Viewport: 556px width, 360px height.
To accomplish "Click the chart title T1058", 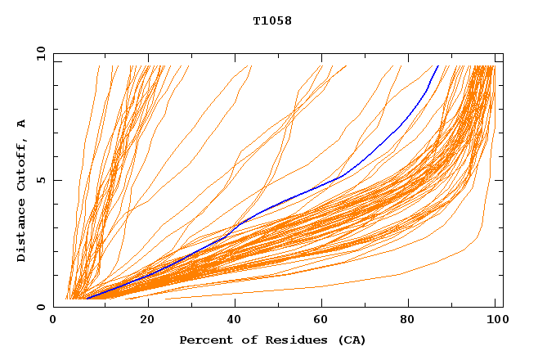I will (x=272, y=21).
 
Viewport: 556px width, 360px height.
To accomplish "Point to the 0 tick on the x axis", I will (x=53, y=320).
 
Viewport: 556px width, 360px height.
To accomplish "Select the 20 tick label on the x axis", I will (x=148, y=320).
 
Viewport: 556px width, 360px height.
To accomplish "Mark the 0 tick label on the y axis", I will (x=41, y=307).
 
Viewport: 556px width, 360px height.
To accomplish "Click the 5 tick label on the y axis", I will (x=41, y=180).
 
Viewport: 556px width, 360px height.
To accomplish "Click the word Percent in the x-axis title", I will (x=202, y=340).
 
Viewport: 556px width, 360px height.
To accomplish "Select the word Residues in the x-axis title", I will (x=287, y=340).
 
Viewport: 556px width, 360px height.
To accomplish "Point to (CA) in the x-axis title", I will (x=352, y=340).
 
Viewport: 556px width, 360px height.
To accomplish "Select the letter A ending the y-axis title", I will (x=21, y=124).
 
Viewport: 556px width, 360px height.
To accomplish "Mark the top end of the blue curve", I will (x=438, y=66).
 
